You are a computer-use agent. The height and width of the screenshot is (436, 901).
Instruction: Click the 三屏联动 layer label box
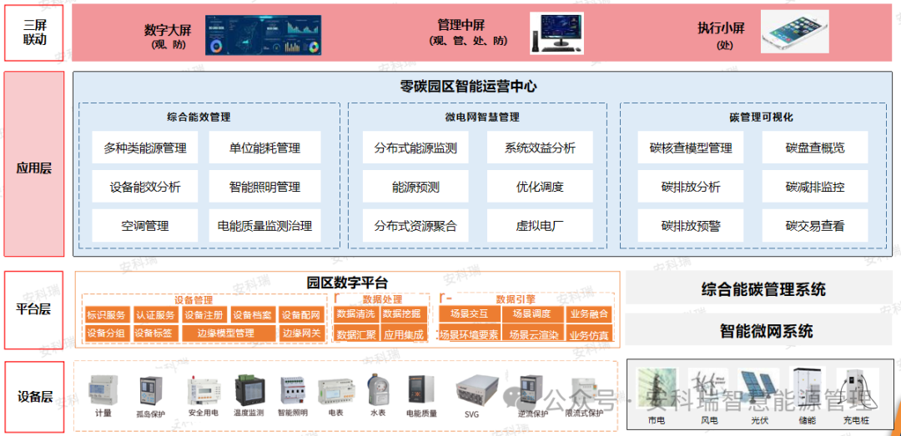pyautogui.click(x=34, y=33)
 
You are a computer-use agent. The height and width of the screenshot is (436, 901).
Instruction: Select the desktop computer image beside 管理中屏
pyautogui.click(x=557, y=33)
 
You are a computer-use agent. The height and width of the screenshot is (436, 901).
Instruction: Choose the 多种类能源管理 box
pyautogui.click(x=145, y=148)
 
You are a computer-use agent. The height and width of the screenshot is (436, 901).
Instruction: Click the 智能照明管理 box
pyautogui.click(x=264, y=187)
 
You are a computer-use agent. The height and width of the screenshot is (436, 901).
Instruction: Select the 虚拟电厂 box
pyautogui.click(x=540, y=225)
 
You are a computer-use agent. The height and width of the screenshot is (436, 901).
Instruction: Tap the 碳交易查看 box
pyautogui.click(x=814, y=225)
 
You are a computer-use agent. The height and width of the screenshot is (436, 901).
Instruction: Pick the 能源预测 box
pyautogui.click(x=415, y=187)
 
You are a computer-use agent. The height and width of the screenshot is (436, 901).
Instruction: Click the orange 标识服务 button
pyautogui.click(x=106, y=315)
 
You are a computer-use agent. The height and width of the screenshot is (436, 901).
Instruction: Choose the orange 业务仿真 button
pyautogui.click(x=589, y=335)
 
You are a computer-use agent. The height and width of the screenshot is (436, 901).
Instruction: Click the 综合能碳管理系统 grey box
pyautogui.click(x=763, y=289)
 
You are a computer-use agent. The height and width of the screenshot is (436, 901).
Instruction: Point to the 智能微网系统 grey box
pyautogui.click(x=763, y=330)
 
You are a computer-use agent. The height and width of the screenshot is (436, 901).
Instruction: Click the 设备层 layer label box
pyautogui.click(x=34, y=396)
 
